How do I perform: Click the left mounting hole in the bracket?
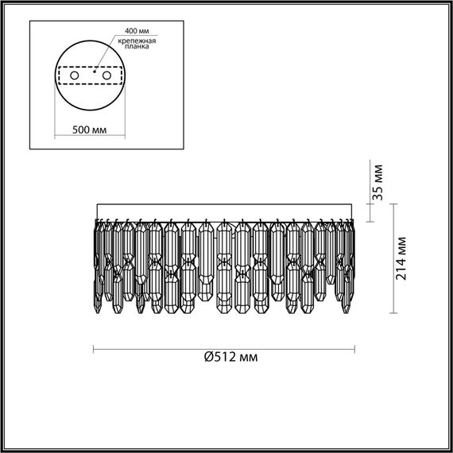click(x=75, y=75)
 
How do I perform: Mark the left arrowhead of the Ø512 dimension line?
click(x=95, y=348)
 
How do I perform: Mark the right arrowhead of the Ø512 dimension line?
click(x=353, y=348)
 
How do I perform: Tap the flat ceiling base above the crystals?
click(x=224, y=211)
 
